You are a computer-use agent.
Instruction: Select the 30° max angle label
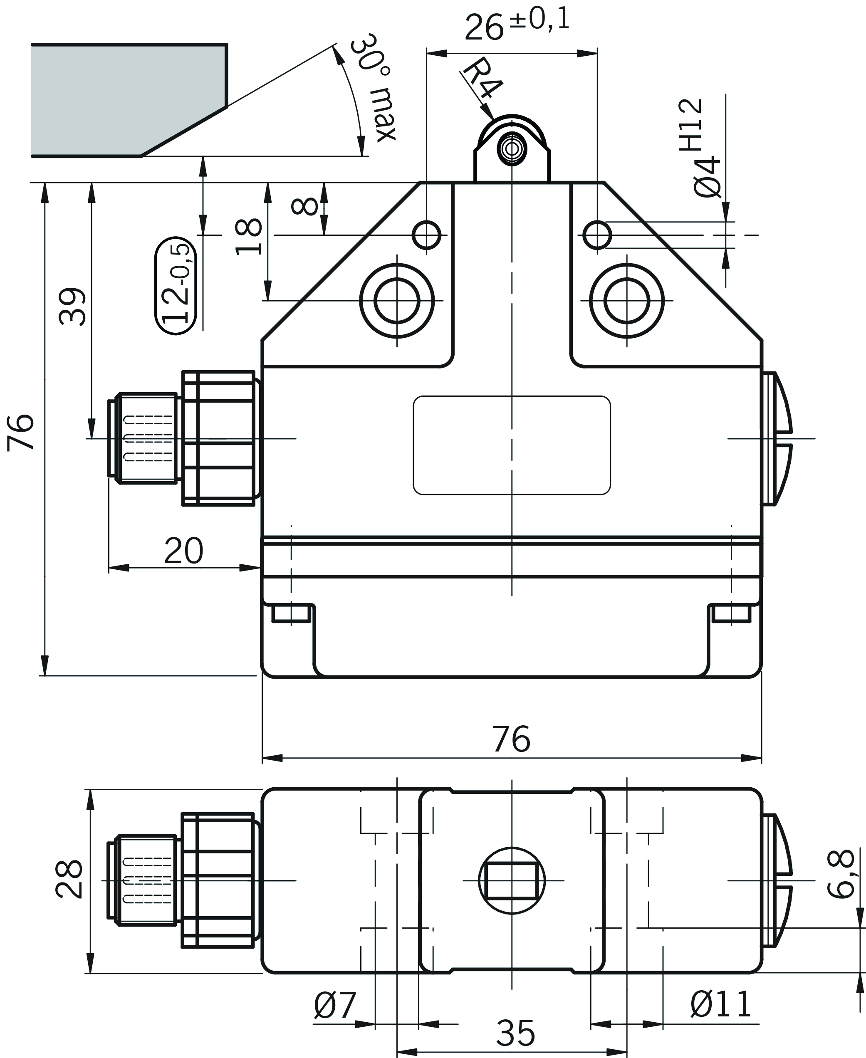[x=373, y=88]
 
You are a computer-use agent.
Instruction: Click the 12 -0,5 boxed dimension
[x=176, y=286]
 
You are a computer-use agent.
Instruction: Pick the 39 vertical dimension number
[x=73, y=306]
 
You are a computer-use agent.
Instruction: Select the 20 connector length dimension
[x=183, y=551]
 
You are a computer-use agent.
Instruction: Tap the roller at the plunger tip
[x=512, y=148]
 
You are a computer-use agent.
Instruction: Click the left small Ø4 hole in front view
[x=426, y=235]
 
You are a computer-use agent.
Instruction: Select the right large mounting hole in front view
[x=626, y=301]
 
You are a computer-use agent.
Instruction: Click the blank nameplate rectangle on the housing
[x=512, y=445]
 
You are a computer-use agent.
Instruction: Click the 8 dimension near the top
[x=305, y=206]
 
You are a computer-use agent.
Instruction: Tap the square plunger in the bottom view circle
[x=512, y=881]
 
